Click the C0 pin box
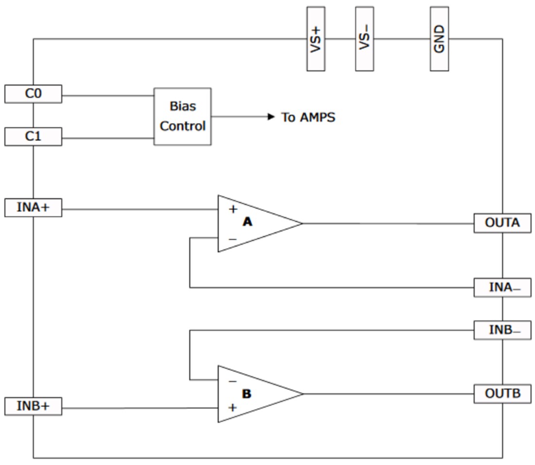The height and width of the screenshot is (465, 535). tap(33, 94)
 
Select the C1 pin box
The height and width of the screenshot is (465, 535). tap(33, 137)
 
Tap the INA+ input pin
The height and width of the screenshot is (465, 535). tap(33, 208)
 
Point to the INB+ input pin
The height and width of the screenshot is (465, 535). tap(33, 406)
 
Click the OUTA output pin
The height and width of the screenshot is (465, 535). tap(502, 223)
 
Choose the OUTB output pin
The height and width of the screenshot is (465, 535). tap(502, 393)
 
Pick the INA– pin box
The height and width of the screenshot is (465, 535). tap(502, 287)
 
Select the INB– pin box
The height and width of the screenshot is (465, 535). tap(502, 330)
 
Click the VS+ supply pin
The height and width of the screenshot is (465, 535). tap(316, 39)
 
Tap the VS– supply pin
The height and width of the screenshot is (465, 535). tap(364, 39)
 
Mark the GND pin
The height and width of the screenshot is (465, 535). tap(439, 39)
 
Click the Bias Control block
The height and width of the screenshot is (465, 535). tap(182, 116)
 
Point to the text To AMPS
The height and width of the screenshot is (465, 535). tap(308, 117)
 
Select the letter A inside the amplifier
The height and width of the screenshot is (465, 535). tap(248, 222)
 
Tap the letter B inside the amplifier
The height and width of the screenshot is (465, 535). tap(247, 394)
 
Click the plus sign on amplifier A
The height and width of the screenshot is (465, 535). tap(233, 209)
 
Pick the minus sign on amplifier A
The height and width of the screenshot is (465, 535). tap(232, 239)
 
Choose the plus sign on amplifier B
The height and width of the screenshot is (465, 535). tap(232, 408)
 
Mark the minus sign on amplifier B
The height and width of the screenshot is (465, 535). tap(232, 381)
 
